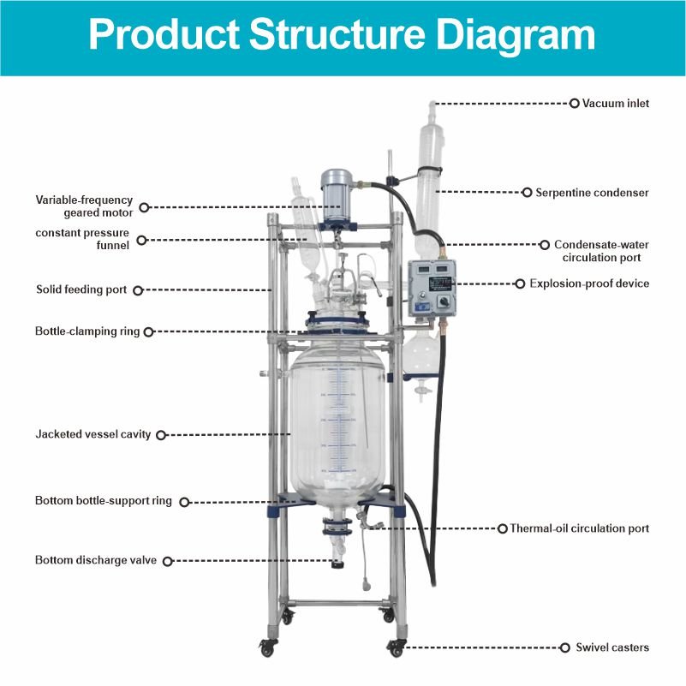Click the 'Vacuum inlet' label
point(615,104)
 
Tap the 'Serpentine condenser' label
point(591,193)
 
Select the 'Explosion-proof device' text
point(589,283)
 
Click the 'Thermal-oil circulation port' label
point(579,528)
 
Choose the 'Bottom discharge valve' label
point(96,560)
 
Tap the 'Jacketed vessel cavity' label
point(93,434)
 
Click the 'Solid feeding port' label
point(81,289)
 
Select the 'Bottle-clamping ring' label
point(88,331)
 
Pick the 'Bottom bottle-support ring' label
point(104,500)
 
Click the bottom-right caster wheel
point(397,648)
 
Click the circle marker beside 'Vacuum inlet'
point(575,104)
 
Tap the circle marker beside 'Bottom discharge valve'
point(167,561)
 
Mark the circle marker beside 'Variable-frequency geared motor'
point(144,206)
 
